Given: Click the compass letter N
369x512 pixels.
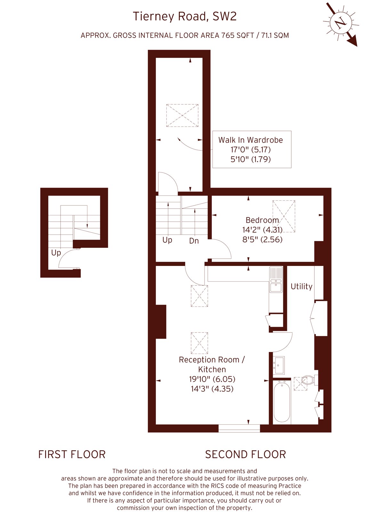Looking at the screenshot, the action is [341, 23].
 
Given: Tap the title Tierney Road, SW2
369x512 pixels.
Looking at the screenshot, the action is [185, 16].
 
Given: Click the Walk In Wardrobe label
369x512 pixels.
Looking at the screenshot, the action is [251, 140].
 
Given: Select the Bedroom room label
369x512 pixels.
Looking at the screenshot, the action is [262, 220].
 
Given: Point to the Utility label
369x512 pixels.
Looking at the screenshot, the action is [301, 286].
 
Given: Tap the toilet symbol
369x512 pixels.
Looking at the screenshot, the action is [309, 380].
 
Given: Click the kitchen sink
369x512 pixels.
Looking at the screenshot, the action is [276, 280].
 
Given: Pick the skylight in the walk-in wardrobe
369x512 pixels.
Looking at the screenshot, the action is [182, 116].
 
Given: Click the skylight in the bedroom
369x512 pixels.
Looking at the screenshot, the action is [284, 216].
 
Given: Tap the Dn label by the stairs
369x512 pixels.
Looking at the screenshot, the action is [194, 241].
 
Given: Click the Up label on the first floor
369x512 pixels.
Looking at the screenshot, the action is [56, 252].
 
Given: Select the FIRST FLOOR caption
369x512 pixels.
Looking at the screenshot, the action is [72, 454].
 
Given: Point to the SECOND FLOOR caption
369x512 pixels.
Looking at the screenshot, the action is [245, 454].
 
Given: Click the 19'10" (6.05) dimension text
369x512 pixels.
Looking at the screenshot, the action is [212, 379].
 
